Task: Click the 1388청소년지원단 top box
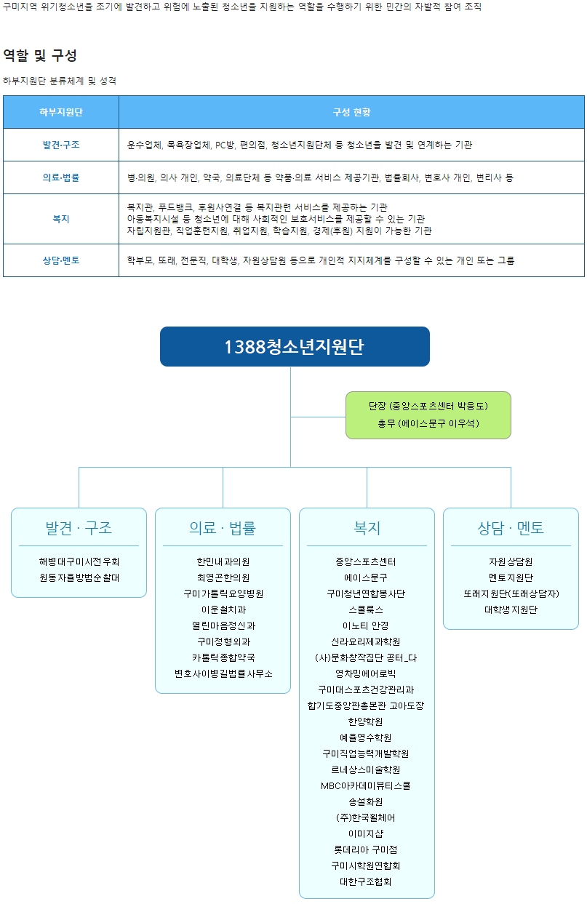(295, 347)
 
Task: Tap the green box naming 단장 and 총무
(428, 415)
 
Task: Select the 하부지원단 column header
(61, 112)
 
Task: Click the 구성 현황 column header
(351, 112)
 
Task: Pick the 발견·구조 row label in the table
(61, 145)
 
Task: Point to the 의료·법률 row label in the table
(61, 177)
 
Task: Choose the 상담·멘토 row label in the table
(61, 260)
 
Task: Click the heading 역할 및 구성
(40, 55)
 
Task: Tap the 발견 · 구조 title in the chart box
(79, 528)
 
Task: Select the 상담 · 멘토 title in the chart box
(511, 528)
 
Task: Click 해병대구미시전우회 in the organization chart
(79, 561)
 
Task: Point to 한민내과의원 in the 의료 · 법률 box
(223, 561)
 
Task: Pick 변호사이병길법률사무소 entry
(223, 673)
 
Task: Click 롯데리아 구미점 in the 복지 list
(367, 849)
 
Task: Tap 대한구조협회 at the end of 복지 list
(367, 881)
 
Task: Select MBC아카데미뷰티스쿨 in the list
(367, 785)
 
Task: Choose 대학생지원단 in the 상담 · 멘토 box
(511, 609)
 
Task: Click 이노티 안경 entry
(367, 625)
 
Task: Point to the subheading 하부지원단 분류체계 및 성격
(60, 81)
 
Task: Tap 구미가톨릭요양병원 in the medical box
(223, 593)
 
